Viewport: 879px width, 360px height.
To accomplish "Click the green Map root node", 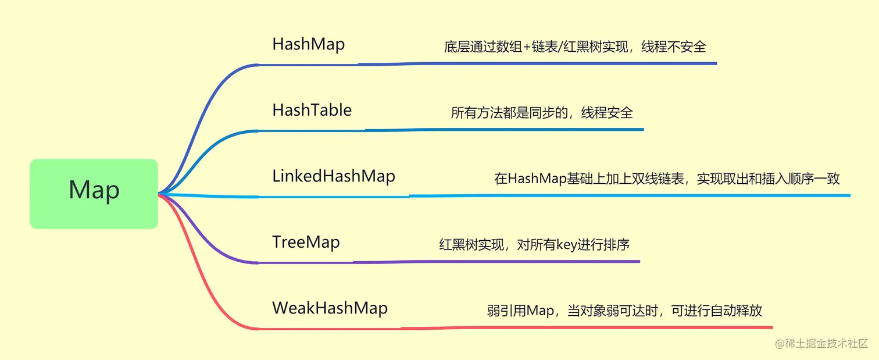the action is pos(94,194).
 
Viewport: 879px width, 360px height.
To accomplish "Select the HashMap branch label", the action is pos(309,44).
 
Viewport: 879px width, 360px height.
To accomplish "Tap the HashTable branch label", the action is pos(312,110).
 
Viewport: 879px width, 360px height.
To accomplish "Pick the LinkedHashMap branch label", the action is pos(334,176).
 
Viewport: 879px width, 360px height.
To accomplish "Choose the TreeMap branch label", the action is pos(306,242).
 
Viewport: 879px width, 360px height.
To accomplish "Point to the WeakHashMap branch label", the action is pos(330,308).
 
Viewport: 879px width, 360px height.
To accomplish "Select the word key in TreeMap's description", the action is pos(566,245).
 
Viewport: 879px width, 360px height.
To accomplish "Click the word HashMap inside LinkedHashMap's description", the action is pos(537,179).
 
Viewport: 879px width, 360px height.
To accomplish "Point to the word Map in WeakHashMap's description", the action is pos(540,311).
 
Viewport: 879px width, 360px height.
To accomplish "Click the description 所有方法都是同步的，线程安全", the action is pos(542,113).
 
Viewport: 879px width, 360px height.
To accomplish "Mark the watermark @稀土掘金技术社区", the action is pos(821,343).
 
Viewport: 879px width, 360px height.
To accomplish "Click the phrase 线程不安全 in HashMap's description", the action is pos(673,47).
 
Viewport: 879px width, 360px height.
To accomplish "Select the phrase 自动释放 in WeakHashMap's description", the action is pos(736,311).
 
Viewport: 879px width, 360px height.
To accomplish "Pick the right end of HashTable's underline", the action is pos(644,129).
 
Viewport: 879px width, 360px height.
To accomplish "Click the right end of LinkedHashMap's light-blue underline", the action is pos(850,195).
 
